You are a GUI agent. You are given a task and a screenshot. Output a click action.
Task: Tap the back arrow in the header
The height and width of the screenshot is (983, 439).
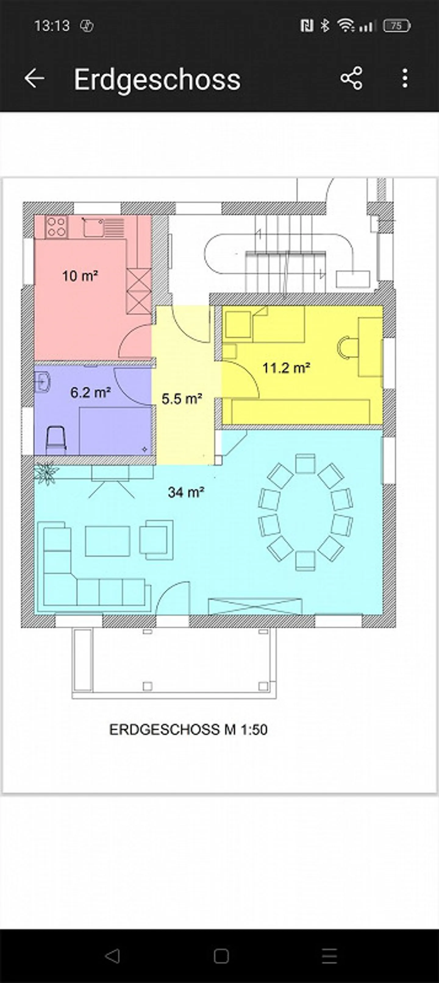pos(34,79)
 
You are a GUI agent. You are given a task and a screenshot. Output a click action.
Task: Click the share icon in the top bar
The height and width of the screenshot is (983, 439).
pos(351,79)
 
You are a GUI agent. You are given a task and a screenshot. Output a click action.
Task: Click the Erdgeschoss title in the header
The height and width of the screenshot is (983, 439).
pos(157,80)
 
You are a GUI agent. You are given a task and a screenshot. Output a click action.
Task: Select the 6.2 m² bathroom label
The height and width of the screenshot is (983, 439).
pos(91,392)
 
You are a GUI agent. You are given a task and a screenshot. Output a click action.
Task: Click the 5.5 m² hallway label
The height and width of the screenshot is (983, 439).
pos(181,399)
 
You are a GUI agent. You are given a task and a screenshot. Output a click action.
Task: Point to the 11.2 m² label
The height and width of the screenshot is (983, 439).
pos(286,368)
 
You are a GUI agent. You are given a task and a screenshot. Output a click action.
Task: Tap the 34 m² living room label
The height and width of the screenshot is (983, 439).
pos(186,492)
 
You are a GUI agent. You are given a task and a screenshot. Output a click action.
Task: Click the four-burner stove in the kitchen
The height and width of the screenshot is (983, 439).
pos(56,226)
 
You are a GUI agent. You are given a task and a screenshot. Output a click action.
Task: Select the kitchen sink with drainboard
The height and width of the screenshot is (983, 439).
pos(103,226)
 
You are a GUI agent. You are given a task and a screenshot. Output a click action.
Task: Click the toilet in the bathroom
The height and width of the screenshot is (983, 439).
pos(56,441)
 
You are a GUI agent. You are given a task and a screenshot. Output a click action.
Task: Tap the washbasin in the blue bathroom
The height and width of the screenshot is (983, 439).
pos(42,382)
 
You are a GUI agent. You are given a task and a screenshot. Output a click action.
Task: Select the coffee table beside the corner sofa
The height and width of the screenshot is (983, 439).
pos(107,541)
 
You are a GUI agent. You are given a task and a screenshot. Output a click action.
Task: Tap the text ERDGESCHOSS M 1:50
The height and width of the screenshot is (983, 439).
pos(188,730)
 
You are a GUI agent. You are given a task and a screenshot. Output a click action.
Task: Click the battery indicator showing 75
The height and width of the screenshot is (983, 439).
pos(397,26)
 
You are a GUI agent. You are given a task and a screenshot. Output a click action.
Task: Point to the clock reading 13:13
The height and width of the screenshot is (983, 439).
pos(52,26)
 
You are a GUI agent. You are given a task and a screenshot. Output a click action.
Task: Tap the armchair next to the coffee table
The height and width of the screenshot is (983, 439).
pos(156,539)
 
